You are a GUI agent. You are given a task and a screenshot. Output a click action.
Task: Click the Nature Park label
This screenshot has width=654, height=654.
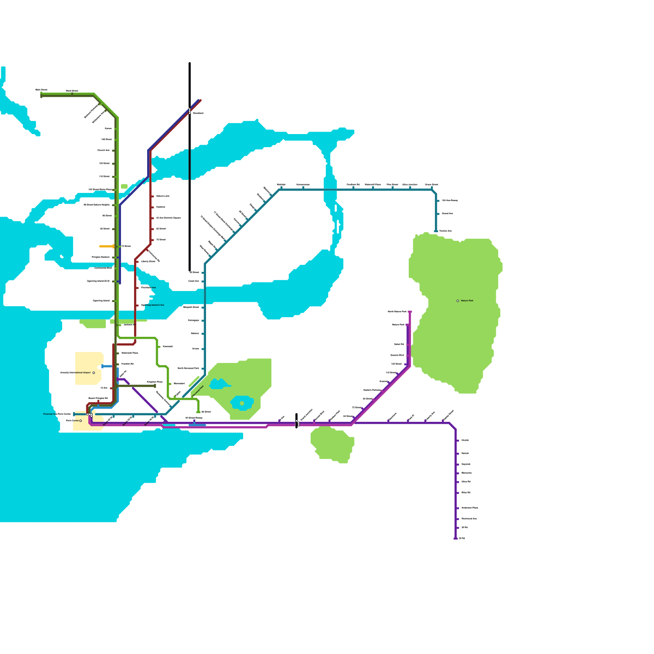467,301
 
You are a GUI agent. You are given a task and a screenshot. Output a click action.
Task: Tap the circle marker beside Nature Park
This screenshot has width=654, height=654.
458,301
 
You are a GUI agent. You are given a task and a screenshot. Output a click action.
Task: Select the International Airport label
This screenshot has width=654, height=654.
76,373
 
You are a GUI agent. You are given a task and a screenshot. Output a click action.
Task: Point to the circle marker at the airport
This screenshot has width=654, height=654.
94,373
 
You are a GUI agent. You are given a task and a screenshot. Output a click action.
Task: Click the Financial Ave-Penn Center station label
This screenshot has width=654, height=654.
57,414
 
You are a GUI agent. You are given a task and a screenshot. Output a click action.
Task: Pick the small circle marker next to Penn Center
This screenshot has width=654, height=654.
81,421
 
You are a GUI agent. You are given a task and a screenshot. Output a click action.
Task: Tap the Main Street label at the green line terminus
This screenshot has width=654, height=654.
41,90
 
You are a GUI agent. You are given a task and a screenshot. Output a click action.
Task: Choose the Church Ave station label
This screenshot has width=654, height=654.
103,150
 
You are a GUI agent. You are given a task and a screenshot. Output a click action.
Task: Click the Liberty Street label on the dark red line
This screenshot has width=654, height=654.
148,262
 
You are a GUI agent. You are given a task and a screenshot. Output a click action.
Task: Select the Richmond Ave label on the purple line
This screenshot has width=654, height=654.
469,519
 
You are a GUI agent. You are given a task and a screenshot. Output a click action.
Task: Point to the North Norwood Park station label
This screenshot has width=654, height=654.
188,368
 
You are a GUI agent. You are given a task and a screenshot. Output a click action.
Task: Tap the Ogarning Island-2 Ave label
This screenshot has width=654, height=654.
152,305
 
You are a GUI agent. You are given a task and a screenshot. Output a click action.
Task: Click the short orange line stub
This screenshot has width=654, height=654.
107,246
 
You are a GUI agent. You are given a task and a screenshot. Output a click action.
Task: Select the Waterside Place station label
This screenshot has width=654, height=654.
130,353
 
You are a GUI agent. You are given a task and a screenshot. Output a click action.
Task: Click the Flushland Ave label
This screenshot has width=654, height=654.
148,288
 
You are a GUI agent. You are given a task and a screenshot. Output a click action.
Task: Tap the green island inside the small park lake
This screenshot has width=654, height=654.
242,403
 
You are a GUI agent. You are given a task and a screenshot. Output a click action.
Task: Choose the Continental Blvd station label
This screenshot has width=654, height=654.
103,268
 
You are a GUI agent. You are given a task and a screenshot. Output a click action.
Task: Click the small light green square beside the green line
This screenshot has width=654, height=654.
124,186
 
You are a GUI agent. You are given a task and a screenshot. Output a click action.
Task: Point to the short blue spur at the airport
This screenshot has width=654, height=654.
107,366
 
